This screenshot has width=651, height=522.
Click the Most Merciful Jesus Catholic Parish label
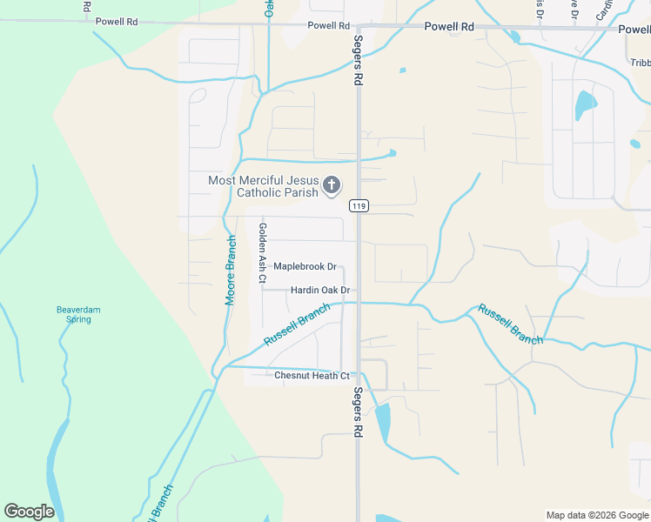pos(263,186)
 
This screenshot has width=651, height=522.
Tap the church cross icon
pos(331,185)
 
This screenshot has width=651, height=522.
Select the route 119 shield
pos(359,206)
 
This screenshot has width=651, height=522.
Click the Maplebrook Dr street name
pos(305,267)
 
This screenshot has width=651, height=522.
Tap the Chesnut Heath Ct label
pos(312,376)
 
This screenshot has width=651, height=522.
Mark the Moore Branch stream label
pos(232,270)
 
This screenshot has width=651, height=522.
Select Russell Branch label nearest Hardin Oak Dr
pos(297,325)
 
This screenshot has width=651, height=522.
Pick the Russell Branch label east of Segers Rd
pos(509,325)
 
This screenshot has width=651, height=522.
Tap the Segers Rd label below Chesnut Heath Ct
pos(358,412)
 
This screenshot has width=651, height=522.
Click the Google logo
pos(30,512)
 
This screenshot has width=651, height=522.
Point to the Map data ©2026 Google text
pos(596,515)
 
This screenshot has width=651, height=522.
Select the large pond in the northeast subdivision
pos(585,106)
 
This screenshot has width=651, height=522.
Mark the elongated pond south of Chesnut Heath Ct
pos(383,422)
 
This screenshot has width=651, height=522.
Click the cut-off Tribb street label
pos(640,63)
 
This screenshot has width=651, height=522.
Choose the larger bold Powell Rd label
pos(449,27)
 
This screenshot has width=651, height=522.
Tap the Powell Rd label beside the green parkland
pos(117,21)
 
